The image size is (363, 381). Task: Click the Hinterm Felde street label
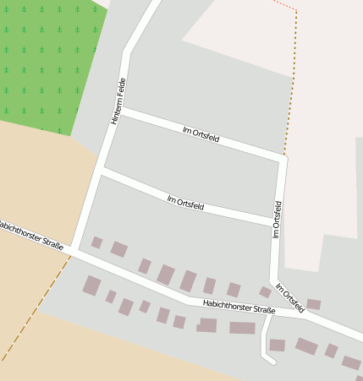pos(121,101)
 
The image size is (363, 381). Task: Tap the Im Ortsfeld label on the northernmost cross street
pos(201,133)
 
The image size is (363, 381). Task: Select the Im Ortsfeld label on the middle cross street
pos(185,203)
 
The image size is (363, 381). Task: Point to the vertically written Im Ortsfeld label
pos(277,219)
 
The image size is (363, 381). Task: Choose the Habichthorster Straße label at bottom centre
pos(239,308)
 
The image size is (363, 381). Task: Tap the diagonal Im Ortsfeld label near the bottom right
pos(289,298)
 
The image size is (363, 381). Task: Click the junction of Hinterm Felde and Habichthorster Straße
pos(74,248)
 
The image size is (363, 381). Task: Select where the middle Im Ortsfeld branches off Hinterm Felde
pos(102,171)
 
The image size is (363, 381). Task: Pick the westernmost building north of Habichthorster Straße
pos(96,242)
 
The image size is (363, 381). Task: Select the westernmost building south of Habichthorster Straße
pos(91,286)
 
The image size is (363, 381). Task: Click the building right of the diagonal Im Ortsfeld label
pos(313,304)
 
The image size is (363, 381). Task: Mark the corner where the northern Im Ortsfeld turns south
pos(283,157)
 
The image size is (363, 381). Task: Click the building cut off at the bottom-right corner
pos(351,362)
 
